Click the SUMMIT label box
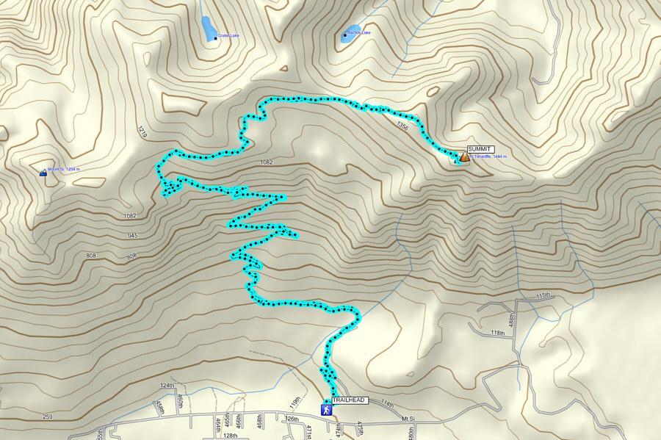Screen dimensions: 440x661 click(x=480, y=149)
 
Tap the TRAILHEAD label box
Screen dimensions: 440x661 click(x=349, y=400)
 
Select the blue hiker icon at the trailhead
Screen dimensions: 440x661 click(x=325, y=409)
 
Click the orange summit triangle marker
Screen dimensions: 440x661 click(x=464, y=156)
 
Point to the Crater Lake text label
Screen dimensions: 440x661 click(x=228, y=35)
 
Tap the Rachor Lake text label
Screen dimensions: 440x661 click(x=359, y=33)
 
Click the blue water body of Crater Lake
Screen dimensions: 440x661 click(x=207, y=26)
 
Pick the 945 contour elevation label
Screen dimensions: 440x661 click(x=133, y=236)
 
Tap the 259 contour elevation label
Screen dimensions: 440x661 click(x=48, y=416)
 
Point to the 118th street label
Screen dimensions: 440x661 click(x=498, y=333)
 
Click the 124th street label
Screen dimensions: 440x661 click(x=167, y=385)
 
